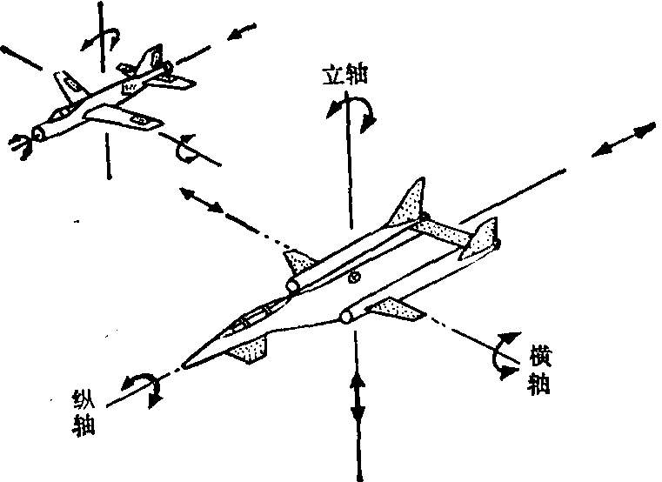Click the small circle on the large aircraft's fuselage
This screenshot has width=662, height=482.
tap(353, 278)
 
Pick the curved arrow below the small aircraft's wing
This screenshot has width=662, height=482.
tap(185, 150)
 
